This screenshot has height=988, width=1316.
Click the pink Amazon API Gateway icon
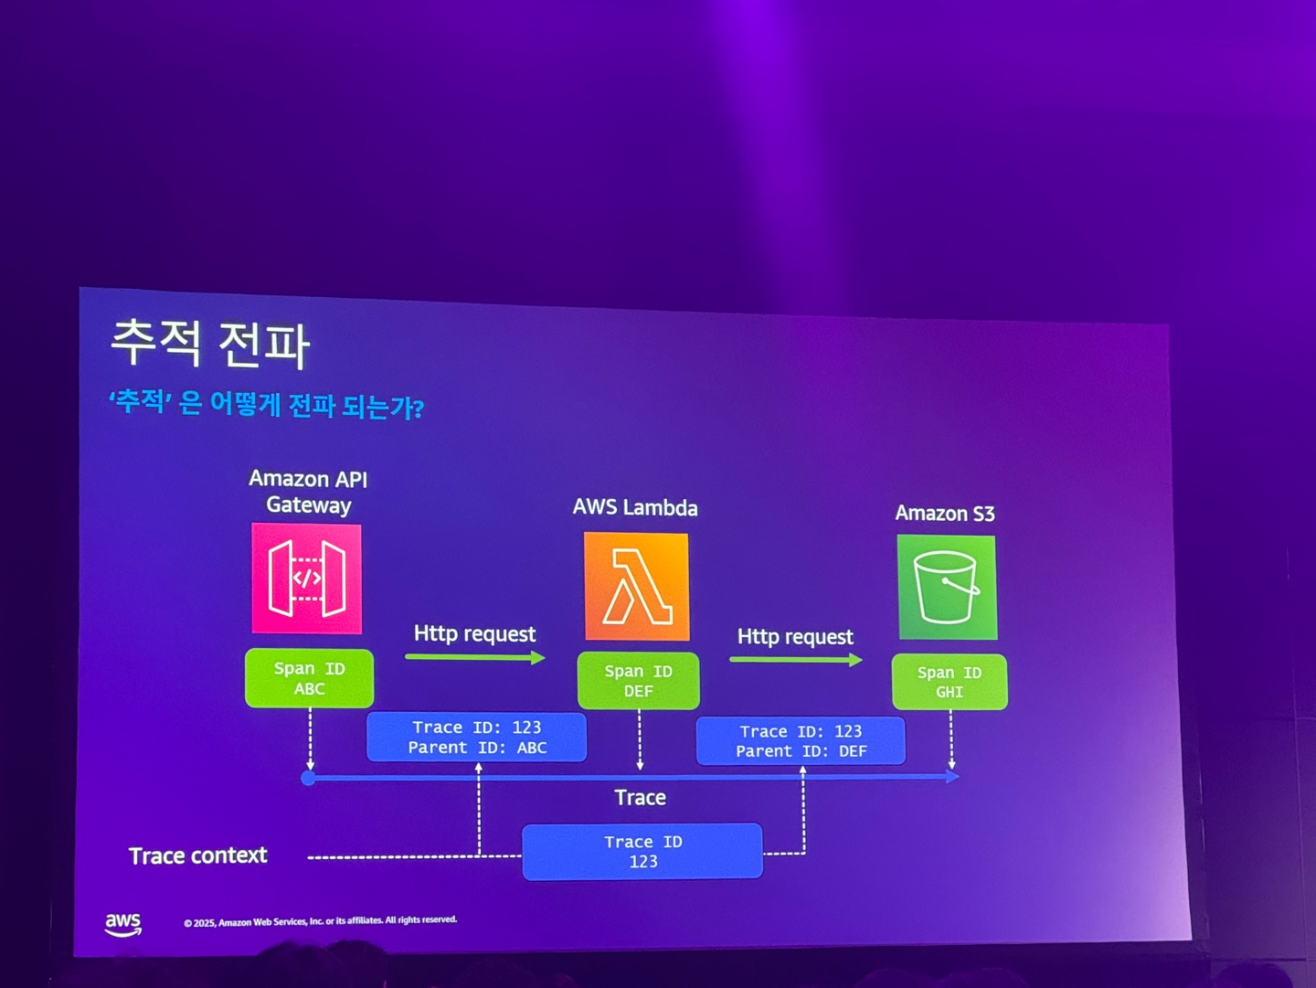307,578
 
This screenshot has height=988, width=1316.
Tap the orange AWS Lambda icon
636,587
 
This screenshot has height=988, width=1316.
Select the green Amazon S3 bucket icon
947,587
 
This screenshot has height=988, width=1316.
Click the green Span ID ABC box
309,678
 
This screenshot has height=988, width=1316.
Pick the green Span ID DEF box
638,681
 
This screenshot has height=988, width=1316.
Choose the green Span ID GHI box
950,682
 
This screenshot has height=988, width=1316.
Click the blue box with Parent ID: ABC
476,737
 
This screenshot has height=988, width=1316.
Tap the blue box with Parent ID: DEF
801,740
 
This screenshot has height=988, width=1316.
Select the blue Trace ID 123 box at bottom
642,851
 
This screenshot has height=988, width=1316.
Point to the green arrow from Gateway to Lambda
475,657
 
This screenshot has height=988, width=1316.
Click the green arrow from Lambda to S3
796,660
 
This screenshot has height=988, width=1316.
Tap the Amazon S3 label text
944,514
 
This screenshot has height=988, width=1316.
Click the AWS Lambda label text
635,508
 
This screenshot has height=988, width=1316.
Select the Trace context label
197,855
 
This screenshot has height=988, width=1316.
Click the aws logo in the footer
123,924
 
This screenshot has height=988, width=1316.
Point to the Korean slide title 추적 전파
210,345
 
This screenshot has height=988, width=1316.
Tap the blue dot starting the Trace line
309,778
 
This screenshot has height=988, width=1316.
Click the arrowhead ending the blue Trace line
952,776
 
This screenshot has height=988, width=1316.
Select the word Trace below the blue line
640,798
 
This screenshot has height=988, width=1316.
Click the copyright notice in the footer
320,921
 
